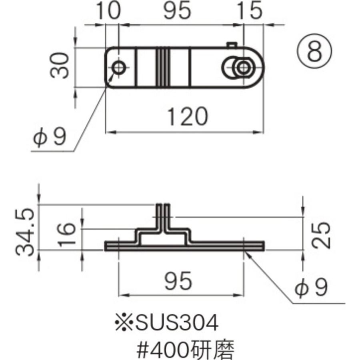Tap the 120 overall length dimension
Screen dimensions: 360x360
[188, 116]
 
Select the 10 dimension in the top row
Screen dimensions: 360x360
[108, 11]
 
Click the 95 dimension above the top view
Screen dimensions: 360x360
[177, 11]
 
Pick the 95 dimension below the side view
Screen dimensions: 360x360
[178, 281]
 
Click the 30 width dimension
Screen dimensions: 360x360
[60, 66]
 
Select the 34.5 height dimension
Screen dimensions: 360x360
[25, 232]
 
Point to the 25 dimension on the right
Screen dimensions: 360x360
[321, 235]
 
